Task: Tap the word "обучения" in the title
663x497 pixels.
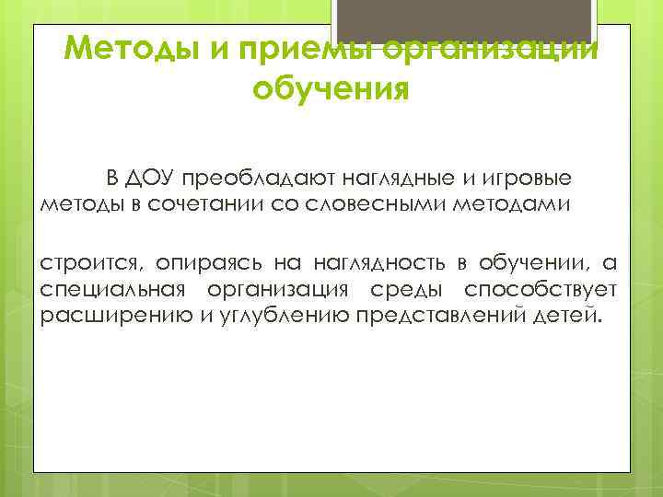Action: [330, 90]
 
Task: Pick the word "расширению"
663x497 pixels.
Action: [100, 317]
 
